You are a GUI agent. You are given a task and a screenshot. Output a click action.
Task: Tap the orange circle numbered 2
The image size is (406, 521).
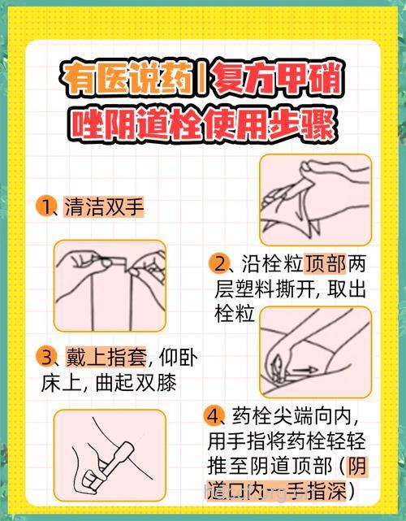(219, 263)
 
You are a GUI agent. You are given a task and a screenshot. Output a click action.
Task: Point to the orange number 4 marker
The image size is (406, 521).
(214, 417)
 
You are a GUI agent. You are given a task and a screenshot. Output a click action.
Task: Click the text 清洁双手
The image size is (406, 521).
(103, 206)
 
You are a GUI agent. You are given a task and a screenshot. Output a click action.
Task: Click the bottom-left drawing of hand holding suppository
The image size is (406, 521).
(110, 455)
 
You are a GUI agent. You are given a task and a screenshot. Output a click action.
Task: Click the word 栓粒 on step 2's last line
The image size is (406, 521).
(234, 314)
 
